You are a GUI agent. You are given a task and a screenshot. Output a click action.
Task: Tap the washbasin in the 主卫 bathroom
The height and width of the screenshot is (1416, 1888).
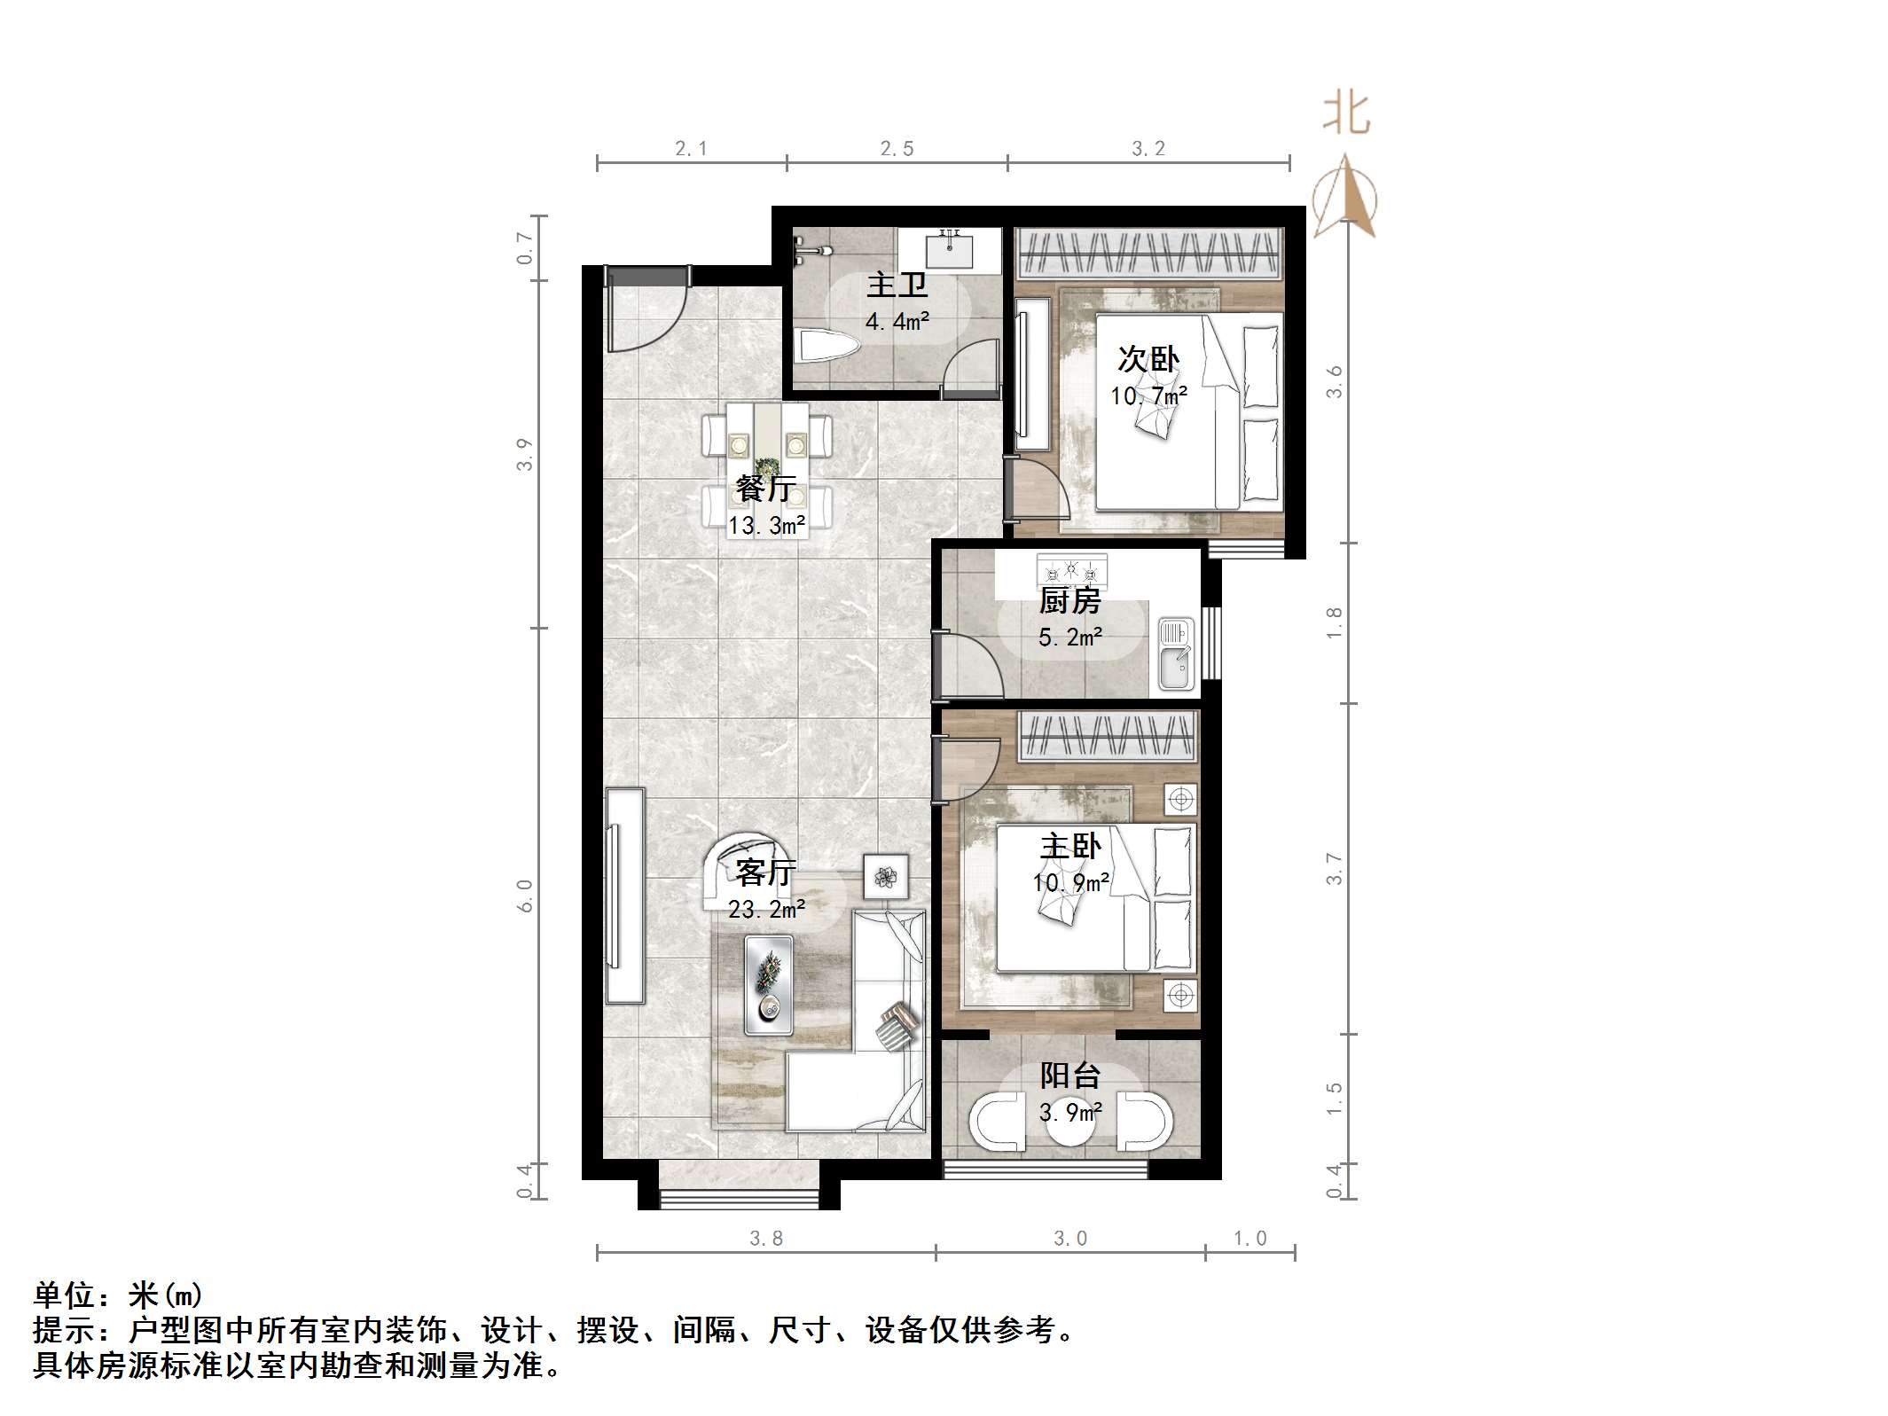click(x=950, y=248)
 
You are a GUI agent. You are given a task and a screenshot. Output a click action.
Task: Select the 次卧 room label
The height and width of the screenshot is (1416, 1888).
click(x=1148, y=359)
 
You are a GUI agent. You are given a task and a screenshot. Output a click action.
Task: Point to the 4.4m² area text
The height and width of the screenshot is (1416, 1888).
click(x=897, y=321)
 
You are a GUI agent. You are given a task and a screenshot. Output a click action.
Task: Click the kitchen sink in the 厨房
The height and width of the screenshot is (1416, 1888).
click(x=1176, y=655)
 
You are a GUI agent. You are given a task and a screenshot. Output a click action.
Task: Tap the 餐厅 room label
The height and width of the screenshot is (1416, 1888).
click(x=766, y=489)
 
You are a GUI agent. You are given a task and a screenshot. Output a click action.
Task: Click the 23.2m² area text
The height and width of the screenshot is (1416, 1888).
click(x=767, y=909)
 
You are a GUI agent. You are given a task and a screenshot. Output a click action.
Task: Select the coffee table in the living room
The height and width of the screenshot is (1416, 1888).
click(x=769, y=984)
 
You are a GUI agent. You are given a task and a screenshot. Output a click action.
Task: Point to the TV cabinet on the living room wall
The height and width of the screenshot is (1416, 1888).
click(x=624, y=896)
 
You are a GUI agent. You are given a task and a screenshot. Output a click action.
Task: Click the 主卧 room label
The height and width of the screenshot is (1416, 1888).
click(x=1070, y=846)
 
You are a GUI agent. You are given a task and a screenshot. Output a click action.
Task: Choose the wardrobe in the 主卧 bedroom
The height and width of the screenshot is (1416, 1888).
click(x=1108, y=736)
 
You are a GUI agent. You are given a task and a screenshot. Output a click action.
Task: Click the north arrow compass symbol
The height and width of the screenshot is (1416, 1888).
click(x=1345, y=197)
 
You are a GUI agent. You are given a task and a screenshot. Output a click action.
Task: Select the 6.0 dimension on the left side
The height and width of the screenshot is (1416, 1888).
click(x=525, y=896)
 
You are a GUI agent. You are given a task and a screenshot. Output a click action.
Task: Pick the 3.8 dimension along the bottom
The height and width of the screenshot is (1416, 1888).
click(x=766, y=1239)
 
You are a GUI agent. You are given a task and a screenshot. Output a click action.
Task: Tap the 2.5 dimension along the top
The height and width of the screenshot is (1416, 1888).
click(x=897, y=149)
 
